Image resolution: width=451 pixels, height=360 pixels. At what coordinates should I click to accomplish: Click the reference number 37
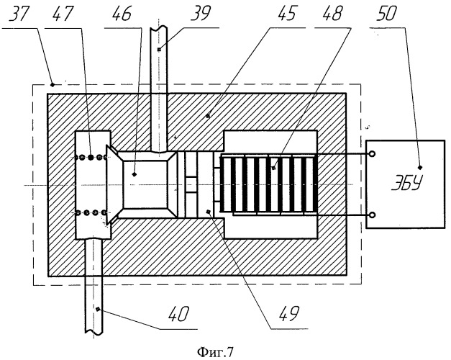(19, 14)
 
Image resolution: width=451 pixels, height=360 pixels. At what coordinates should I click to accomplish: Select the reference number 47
(63, 14)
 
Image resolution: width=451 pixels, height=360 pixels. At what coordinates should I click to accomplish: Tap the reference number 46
(122, 14)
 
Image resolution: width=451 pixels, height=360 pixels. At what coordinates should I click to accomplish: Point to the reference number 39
(201, 13)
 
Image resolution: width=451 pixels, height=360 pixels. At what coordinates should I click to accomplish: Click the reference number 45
(286, 13)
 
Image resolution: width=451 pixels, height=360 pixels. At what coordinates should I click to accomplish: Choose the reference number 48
(332, 13)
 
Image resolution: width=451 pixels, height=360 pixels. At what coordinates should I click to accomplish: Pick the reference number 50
(387, 13)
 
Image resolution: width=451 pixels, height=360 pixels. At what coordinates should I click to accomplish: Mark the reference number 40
(179, 314)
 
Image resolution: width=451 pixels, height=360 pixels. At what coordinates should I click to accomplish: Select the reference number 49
(289, 313)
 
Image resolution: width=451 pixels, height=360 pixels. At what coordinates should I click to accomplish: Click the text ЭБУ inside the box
(407, 183)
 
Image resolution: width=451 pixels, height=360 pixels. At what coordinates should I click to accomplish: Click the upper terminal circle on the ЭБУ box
(372, 154)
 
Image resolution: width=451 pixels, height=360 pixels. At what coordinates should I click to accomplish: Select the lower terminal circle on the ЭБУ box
(372, 215)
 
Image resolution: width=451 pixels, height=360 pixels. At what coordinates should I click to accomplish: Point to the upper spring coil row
(91, 157)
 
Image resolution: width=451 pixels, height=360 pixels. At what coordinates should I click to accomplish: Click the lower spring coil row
(91, 213)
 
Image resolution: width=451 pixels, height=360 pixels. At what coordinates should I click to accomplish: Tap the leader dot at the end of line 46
(134, 174)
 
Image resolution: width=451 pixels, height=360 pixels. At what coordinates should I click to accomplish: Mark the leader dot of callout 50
(420, 167)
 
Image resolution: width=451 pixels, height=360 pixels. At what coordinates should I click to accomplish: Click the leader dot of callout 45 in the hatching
(208, 116)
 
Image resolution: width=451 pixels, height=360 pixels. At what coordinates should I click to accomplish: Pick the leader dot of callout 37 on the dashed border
(53, 84)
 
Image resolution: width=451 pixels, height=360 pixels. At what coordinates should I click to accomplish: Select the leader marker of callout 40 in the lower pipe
(98, 309)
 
